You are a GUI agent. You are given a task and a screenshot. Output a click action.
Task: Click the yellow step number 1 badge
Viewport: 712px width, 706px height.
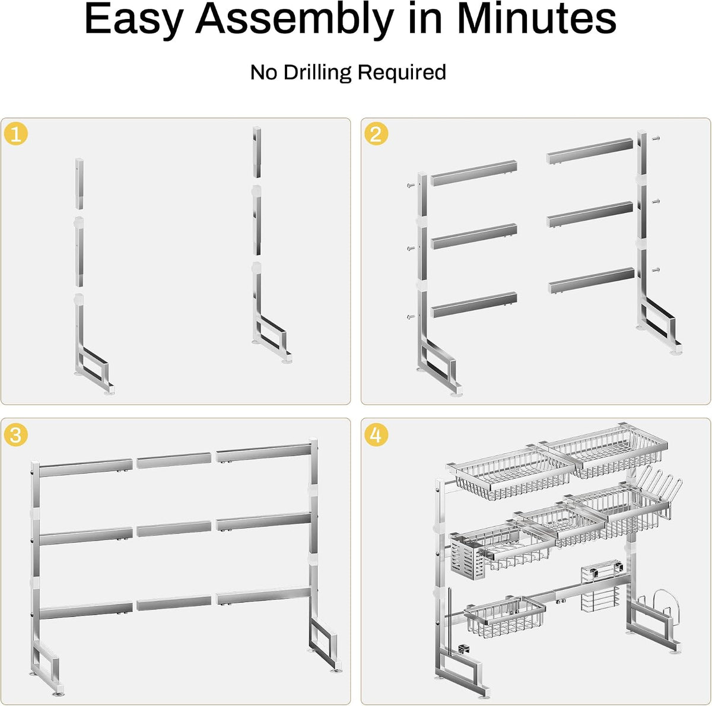click(16, 133)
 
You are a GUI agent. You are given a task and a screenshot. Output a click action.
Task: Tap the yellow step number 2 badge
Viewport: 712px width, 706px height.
click(376, 133)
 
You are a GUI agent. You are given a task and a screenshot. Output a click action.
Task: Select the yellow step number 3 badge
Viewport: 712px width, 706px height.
click(16, 435)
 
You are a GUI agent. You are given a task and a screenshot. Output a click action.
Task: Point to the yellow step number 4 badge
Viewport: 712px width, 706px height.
click(376, 435)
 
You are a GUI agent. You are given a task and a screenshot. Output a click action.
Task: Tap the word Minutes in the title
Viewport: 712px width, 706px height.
click(536, 18)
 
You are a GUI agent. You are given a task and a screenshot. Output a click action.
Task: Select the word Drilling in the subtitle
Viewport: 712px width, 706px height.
click(317, 72)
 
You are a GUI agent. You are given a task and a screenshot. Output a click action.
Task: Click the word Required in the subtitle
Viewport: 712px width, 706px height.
click(402, 72)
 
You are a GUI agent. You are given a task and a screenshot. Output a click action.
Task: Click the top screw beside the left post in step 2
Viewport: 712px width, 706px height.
click(410, 185)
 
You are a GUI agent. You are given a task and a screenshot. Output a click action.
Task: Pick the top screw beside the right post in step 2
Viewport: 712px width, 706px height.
click(656, 139)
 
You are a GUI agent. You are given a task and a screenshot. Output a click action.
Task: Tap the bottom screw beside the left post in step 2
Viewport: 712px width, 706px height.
click(410, 316)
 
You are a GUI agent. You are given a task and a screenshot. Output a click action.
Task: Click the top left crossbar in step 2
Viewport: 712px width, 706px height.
click(473, 173)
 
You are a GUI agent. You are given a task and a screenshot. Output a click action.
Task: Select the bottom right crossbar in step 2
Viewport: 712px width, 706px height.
click(591, 280)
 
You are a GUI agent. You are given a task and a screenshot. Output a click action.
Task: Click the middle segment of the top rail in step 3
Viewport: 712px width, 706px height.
click(174, 460)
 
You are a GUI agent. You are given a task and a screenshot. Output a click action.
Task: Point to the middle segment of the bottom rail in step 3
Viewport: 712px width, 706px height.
click(174, 603)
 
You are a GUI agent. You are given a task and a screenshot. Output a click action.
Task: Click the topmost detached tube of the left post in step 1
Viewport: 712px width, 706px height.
click(79, 184)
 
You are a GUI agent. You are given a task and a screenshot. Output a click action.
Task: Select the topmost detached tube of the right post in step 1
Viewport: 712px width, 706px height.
click(257, 152)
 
